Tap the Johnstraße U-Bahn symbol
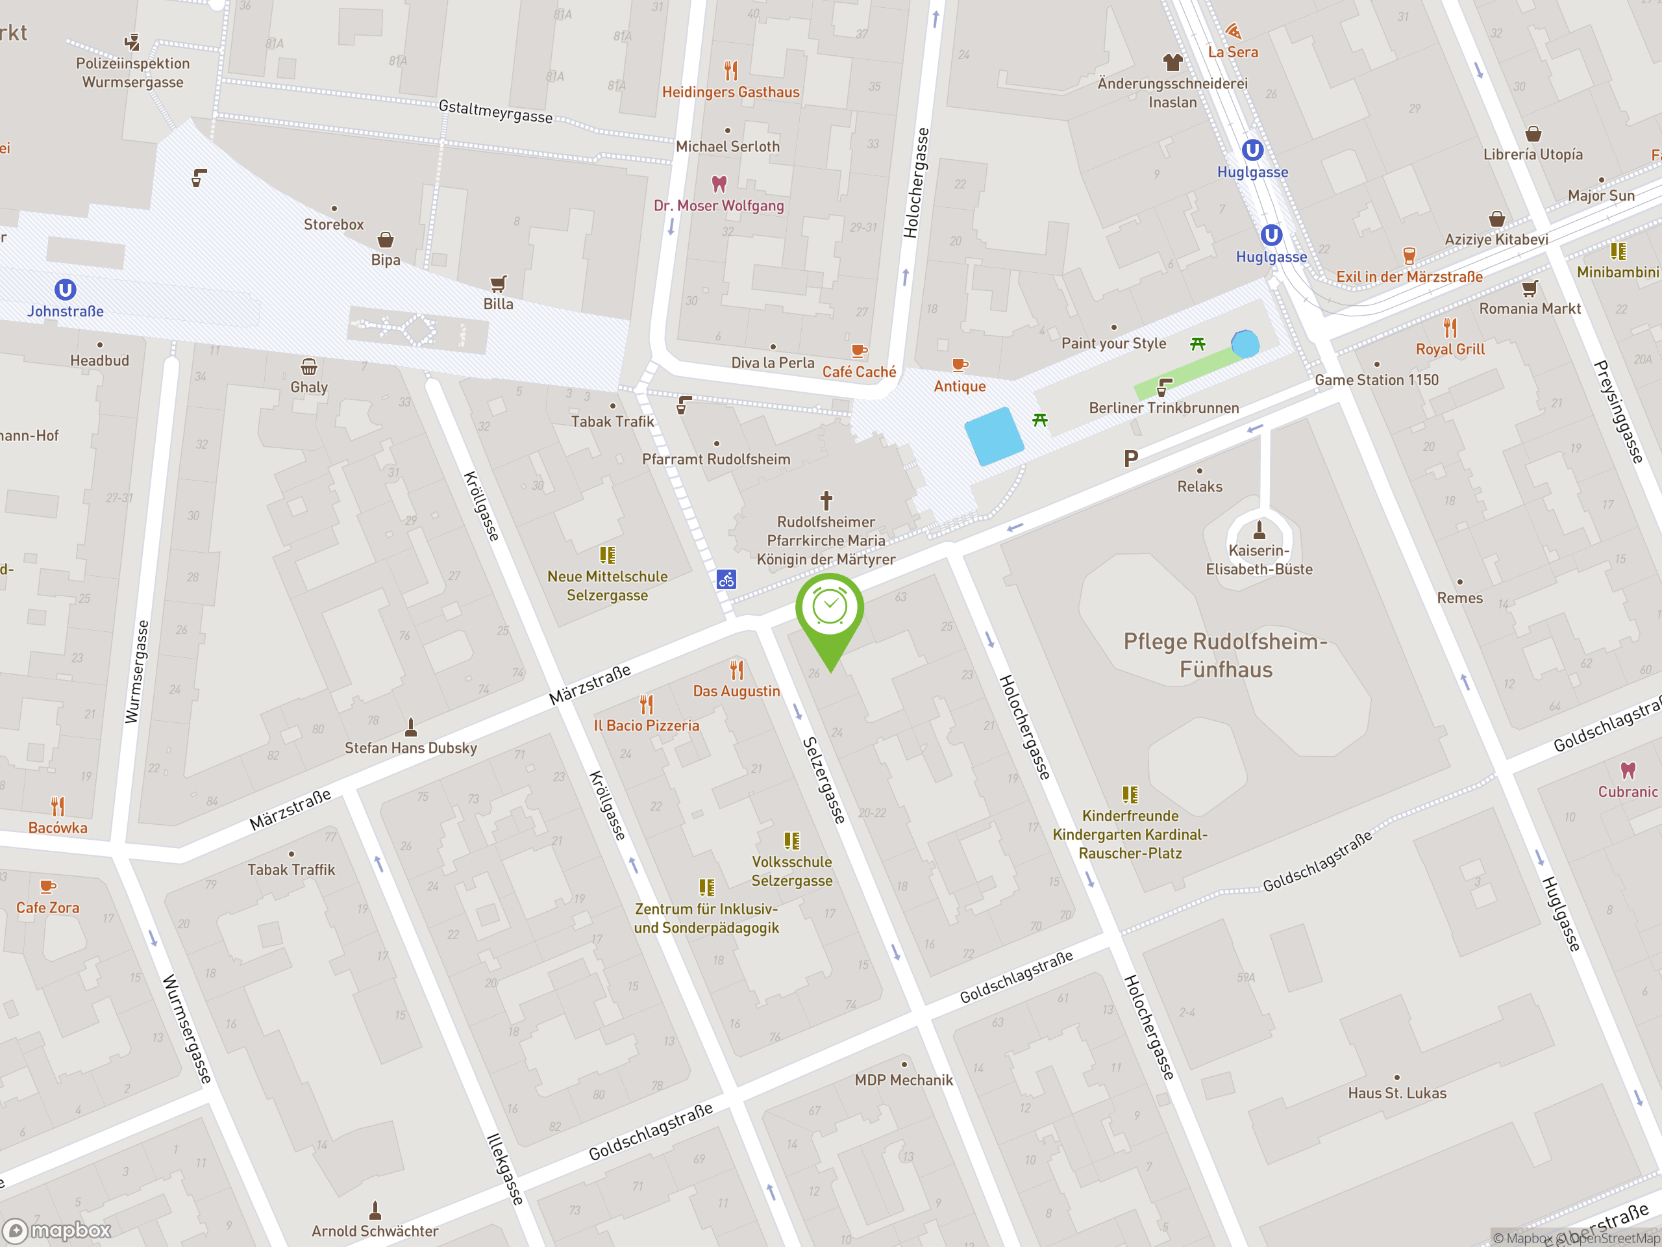tap(66, 290)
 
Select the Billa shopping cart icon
tap(498, 283)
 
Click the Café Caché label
tap(859, 372)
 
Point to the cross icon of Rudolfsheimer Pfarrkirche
tap(826, 500)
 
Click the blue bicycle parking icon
tap(726, 579)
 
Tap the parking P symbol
tap(1130, 458)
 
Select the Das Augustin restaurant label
tap(736, 691)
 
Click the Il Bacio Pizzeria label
tap(646, 725)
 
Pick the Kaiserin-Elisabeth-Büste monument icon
tap(1259, 530)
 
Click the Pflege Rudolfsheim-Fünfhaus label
tap(1226, 655)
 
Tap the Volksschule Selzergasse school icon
tap(792, 840)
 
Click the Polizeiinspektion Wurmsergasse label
tap(133, 73)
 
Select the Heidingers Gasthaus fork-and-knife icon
tap(730, 71)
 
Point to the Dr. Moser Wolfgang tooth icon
tap(719, 183)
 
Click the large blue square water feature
tap(993, 436)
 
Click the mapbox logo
tap(57, 1231)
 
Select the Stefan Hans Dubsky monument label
tap(410, 748)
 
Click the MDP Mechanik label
tap(903, 1080)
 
